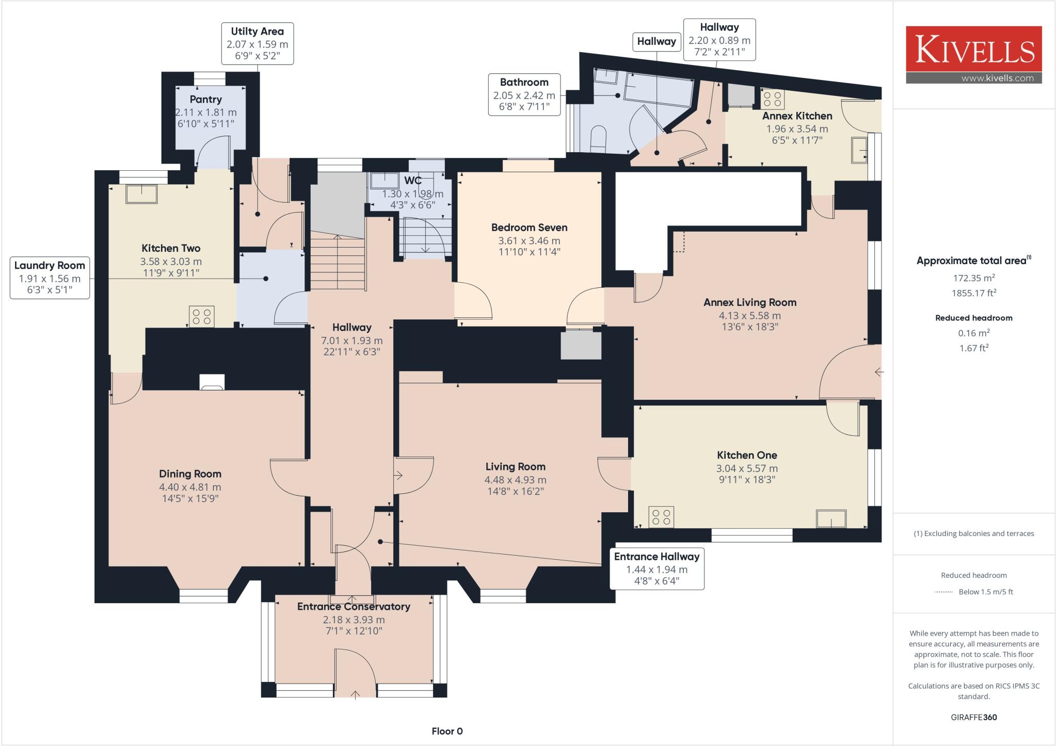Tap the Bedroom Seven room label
tap(529, 228)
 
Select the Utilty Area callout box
tap(258, 43)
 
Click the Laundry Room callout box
tap(50, 278)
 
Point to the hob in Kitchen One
tap(661, 517)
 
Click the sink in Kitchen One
tap(831, 518)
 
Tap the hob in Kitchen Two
tap(202, 317)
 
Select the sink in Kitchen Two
tap(142, 193)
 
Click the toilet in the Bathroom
tap(598, 138)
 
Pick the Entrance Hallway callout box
tap(656, 569)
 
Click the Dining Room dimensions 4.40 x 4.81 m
tap(190, 487)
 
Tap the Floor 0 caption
tap(447, 731)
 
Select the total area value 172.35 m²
tap(973, 278)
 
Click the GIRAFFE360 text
tap(973, 717)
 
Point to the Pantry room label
tap(205, 100)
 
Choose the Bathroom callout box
tap(524, 94)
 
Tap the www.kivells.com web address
tap(997, 78)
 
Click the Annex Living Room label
tap(749, 302)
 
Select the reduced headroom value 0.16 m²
tap(973, 333)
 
